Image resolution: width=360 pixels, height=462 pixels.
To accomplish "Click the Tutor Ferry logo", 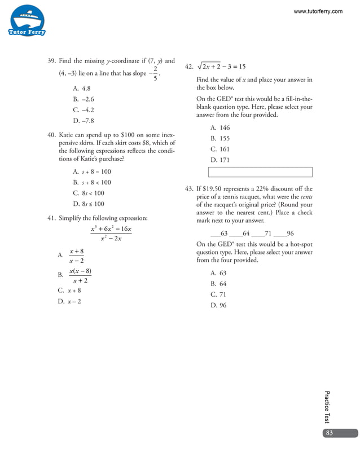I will tap(27, 21).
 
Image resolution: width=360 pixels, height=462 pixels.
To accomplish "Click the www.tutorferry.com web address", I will tap(318, 11).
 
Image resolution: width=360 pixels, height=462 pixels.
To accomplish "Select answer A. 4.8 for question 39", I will tap(81, 89).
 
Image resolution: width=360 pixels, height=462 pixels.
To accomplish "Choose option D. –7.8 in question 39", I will tap(83, 121).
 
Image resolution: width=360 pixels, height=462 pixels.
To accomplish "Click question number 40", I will tap(51, 135).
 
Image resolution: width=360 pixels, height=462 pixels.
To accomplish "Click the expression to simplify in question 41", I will tap(111, 234).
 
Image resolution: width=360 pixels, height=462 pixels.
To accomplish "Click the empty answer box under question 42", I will tap(260, 172).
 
